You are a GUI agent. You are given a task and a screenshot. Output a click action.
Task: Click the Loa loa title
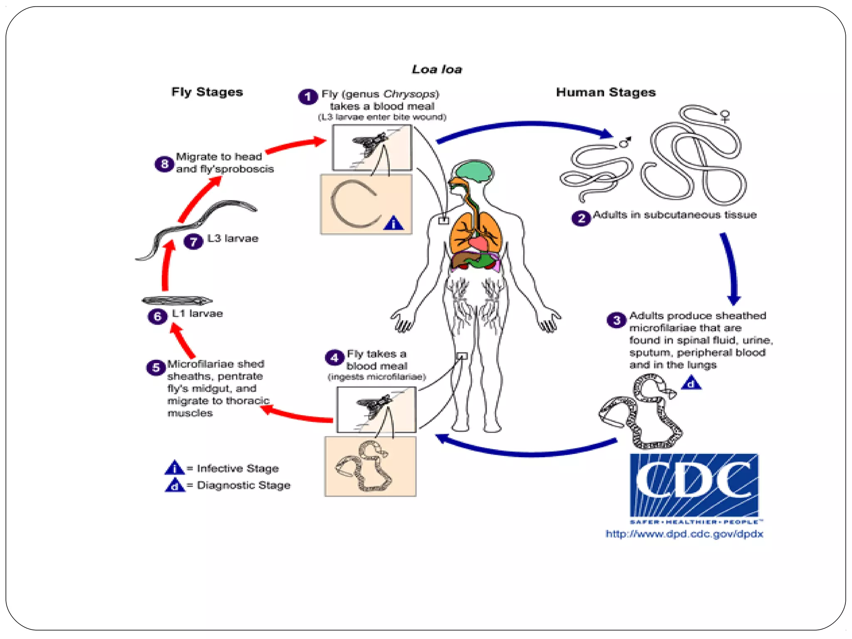436,69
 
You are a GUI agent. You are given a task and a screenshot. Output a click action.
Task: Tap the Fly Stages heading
207,92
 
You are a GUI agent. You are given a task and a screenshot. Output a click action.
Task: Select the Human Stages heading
605,92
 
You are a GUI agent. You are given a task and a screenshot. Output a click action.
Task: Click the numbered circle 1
308,97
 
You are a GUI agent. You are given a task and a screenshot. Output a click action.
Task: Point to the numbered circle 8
164,164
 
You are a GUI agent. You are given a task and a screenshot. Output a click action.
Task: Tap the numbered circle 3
617,320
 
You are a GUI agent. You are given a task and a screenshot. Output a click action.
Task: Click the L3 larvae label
233,238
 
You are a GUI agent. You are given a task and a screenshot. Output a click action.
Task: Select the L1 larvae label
197,313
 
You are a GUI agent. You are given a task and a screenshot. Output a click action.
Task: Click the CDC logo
693,485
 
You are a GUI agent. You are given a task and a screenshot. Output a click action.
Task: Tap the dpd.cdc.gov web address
684,534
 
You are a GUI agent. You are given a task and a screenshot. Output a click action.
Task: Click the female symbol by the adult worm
725,115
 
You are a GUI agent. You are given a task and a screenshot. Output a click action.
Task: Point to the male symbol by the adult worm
625,142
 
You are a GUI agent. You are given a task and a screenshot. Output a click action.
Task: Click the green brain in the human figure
473,171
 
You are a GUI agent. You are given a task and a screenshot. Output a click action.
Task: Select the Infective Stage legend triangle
174,468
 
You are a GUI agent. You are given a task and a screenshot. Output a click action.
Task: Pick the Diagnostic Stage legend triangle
175,485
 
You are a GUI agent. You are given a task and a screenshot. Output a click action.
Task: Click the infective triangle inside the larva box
393,223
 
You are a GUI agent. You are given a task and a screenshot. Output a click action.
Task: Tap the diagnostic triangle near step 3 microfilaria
691,383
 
